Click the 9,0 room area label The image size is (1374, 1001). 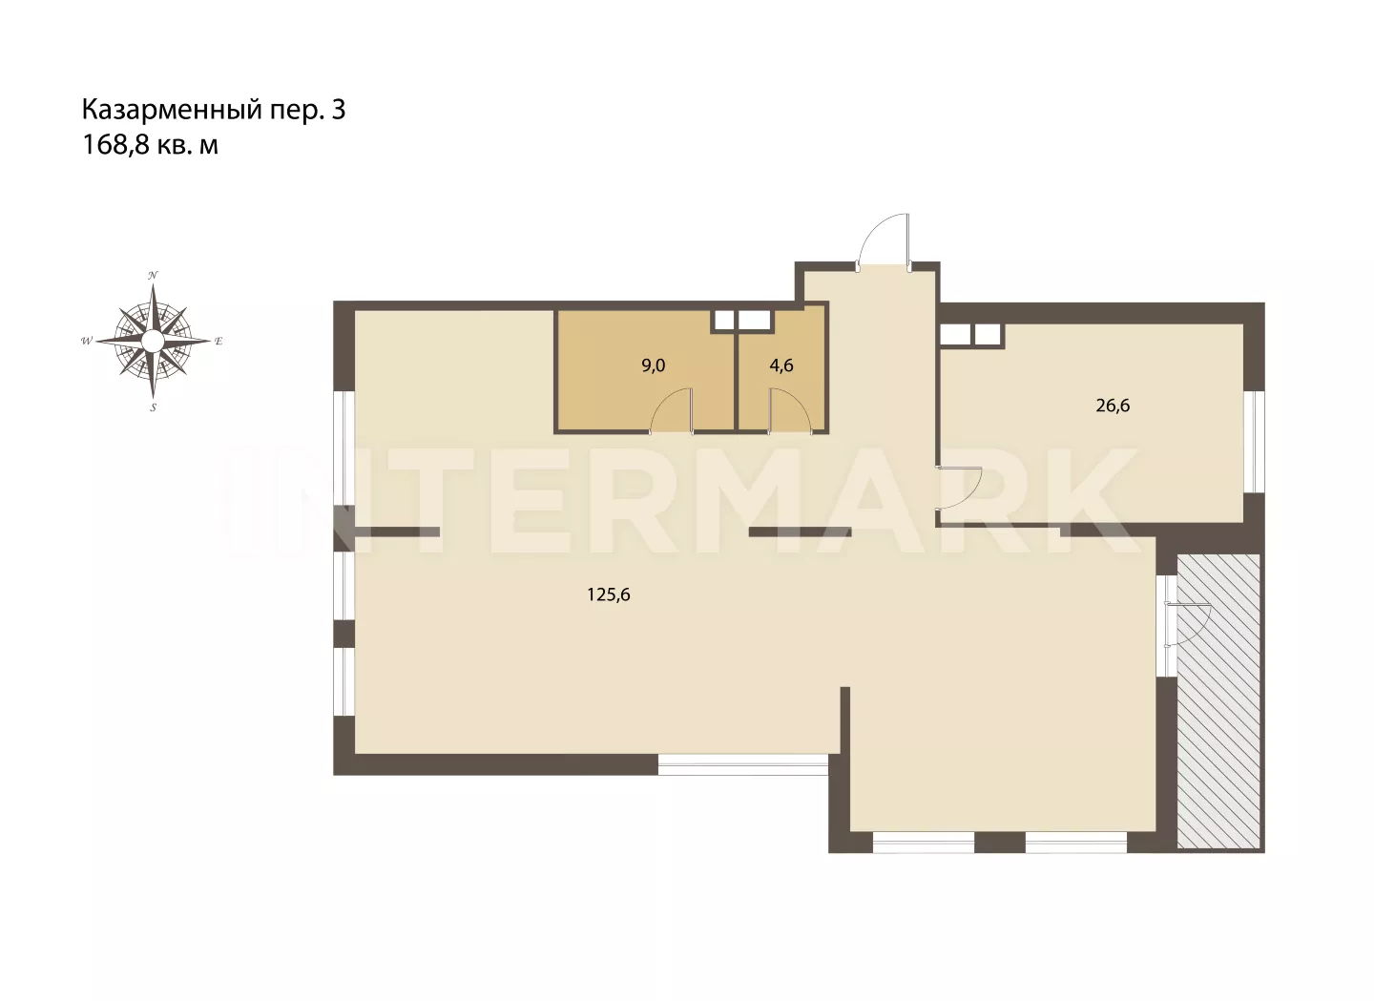click(x=654, y=365)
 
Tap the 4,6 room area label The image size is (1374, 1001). click(x=781, y=365)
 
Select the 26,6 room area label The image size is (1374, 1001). click(x=1113, y=406)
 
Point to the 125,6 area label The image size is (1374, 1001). click(x=609, y=594)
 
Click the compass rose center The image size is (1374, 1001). click(x=153, y=341)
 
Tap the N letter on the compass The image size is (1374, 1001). click(x=153, y=275)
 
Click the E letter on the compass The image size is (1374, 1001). click(x=219, y=341)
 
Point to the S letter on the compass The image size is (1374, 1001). click(x=154, y=407)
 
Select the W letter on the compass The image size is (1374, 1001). click(x=87, y=341)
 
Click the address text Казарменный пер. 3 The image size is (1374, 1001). click(x=214, y=110)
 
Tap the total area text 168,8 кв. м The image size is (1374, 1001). click(x=151, y=145)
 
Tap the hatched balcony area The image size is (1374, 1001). click(x=1218, y=701)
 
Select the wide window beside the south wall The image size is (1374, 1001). click(x=742, y=764)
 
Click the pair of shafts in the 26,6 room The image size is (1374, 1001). click(x=971, y=334)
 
